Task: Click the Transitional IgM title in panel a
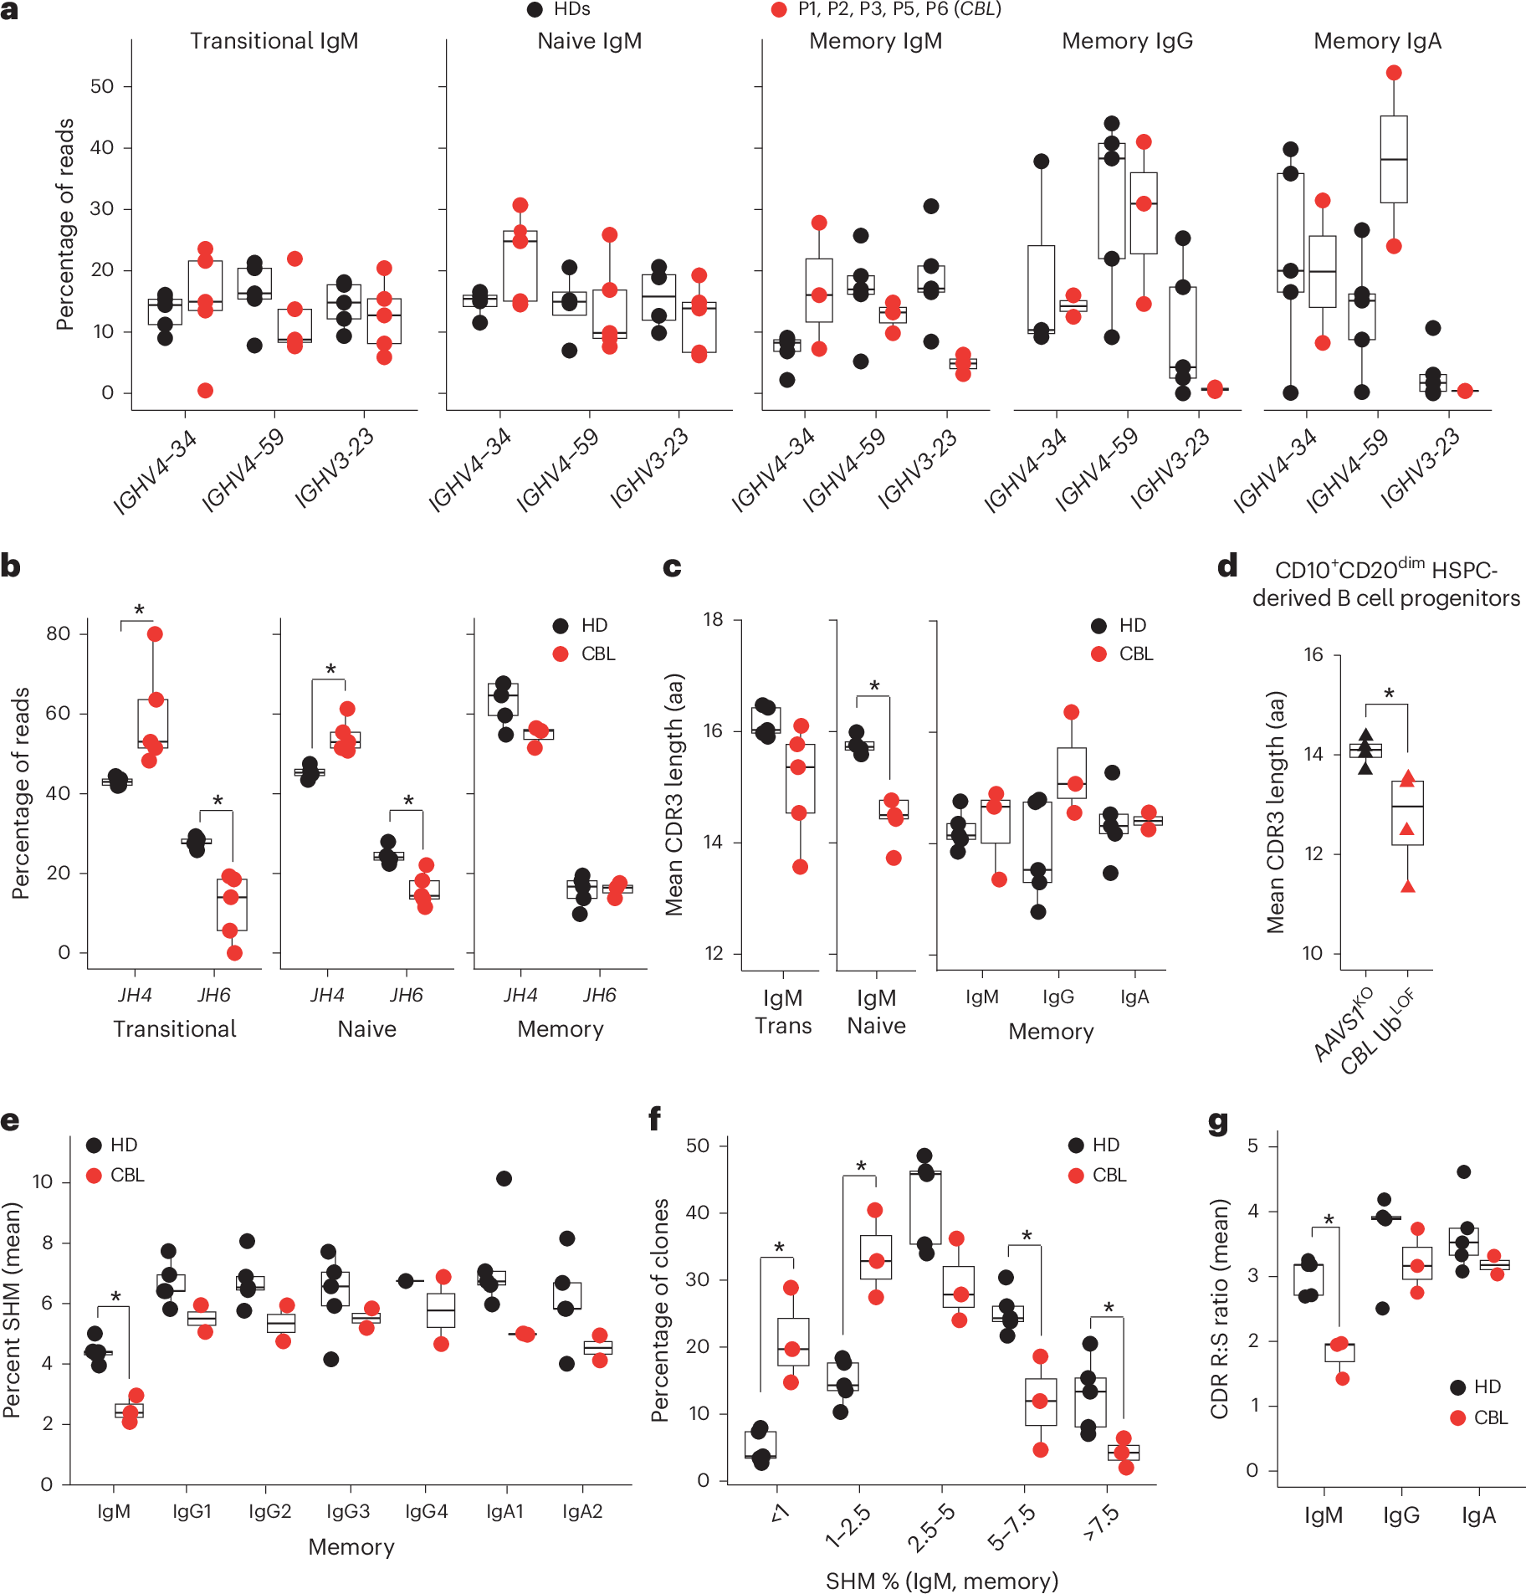point(274,41)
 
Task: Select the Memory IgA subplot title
point(1377,41)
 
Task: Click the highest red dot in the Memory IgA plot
point(1394,73)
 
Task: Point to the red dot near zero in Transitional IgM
point(205,391)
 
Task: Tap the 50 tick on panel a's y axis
point(102,86)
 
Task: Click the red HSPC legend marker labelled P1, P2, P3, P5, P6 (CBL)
point(779,10)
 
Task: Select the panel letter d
point(1226,566)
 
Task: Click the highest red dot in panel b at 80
point(155,633)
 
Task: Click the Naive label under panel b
point(366,1029)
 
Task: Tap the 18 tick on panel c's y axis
point(713,620)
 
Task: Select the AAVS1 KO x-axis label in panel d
point(1343,1025)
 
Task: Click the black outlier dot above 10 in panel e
point(504,1178)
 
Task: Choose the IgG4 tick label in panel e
point(426,1511)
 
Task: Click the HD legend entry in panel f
point(1093,1145)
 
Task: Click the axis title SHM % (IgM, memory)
point(942,1581)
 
